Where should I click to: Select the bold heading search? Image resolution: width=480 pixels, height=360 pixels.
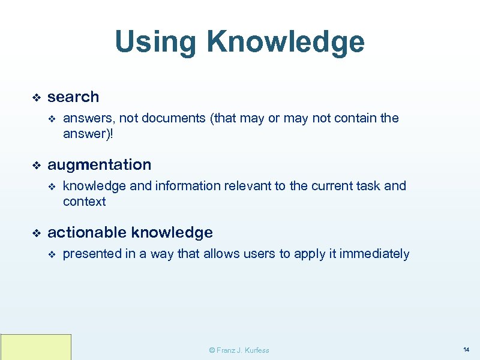(73, 97)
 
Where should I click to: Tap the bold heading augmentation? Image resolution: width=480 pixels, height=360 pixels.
(100, 164)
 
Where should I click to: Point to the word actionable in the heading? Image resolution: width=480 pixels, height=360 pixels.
(87, 232)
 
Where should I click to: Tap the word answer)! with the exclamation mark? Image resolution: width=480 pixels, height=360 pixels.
(88, 134)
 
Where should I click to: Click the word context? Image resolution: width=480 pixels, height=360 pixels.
(84, 202)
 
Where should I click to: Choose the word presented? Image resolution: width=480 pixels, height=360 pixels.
(91, 254)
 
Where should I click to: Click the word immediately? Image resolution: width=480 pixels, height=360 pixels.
(374, 254)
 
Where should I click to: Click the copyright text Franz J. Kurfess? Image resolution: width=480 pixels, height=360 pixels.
(239, 350)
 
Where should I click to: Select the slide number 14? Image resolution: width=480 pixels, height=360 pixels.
(466, 349)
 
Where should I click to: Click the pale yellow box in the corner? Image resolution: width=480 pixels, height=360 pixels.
(36, 347)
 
